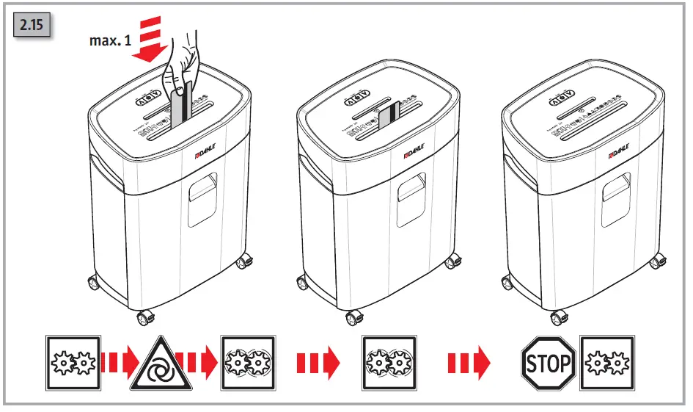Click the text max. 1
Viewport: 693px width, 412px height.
[110, 41]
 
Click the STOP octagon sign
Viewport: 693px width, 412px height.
[547, 363]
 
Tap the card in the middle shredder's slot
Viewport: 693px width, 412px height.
[388, 115]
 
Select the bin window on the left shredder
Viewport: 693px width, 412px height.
[202, 198]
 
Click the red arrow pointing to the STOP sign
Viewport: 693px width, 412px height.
[469, 363]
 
